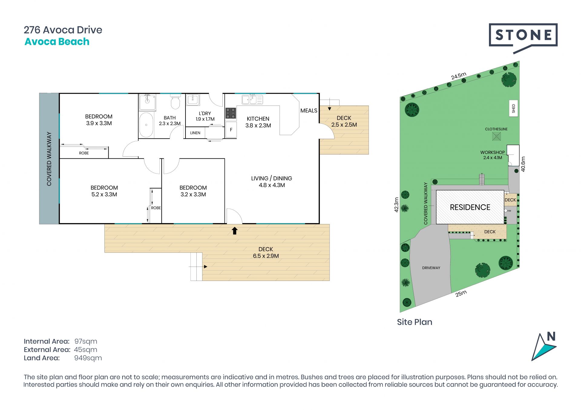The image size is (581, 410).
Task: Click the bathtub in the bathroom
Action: pyautogui.click(x=146, y=125)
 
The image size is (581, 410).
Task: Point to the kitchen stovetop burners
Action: pyautogui.click(x=231, y=113)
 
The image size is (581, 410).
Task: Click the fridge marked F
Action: pyautogui.click(x=231, y=130)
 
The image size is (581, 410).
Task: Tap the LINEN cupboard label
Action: pyautogui.click(x=195, y=133)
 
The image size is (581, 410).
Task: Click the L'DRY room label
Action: pyautogui.click(x=205, y=113)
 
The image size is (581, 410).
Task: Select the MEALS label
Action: pyautogui.click(x=309, y=111)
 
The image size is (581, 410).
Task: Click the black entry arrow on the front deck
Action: pyautogui.click(x=235, y=231)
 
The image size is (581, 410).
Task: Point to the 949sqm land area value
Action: pyautogui.click(x=88, y=358)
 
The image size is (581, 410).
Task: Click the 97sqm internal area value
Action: pyautogui.click(x=86, y=341)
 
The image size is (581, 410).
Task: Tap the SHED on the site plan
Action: pyautogui.click(x=514, y=108)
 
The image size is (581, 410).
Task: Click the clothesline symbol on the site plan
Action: pyautogui.click(x=497, y=136)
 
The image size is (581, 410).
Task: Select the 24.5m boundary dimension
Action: pyautogui.click(x=459, y=76)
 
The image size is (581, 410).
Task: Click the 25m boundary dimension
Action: pyautogui.click(x=461, y=293)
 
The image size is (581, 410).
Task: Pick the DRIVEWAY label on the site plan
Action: pyautogui.click(x=431, y=268)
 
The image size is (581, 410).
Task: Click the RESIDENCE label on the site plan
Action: pyautogui.click(x=470, y=207)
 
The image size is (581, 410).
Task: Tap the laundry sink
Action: pyautogui.click(x=192, y=99)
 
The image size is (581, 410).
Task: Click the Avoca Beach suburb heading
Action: pyautogui.click(x=57, y=42)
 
